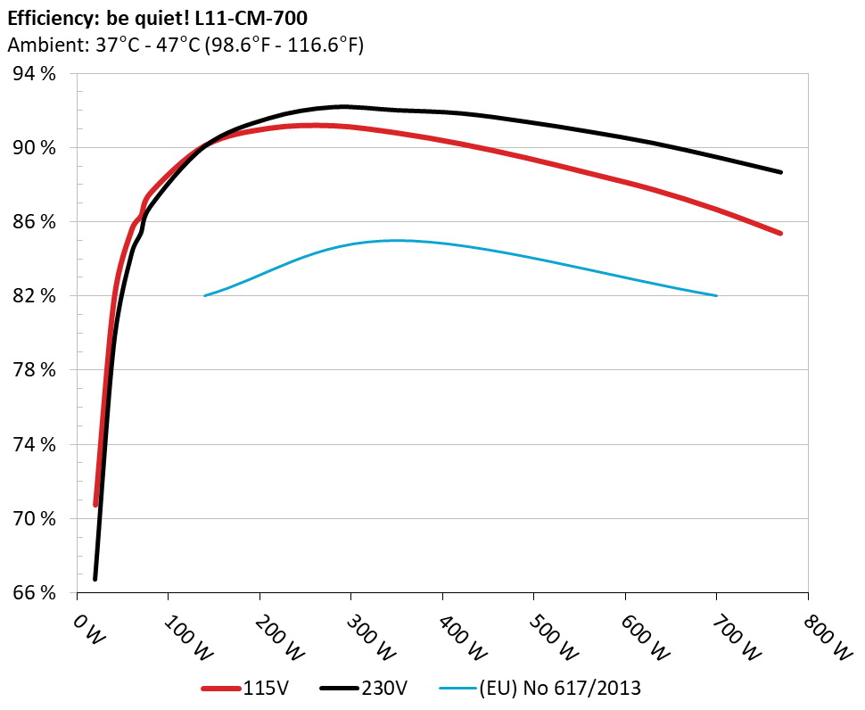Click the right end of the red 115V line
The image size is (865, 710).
pyautogui.click(x=780, y=233)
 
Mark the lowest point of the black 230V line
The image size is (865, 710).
pyautogui.click(x=95, y=579)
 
